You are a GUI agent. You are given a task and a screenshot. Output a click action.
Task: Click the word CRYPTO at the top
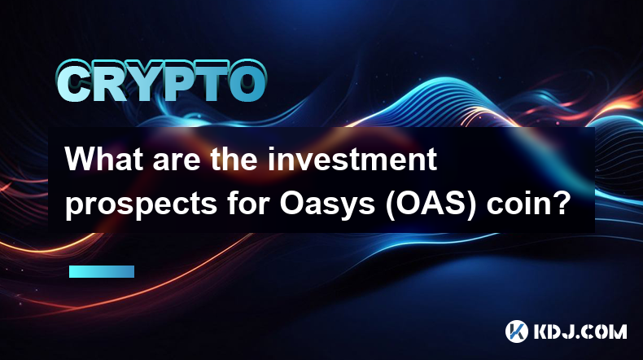[162, 81]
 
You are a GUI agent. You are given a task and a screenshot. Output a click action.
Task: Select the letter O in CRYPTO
[247, 81]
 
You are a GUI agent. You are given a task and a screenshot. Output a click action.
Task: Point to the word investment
[352, 160]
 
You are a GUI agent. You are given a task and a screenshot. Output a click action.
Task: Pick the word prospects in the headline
[141, 204]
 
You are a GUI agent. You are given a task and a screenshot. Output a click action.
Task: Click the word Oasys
[327, 204]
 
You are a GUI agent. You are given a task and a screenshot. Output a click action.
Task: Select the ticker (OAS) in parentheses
[430, 203]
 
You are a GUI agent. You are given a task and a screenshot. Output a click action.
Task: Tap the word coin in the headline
[514, 203]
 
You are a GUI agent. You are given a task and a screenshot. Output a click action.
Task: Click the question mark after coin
[558, 202]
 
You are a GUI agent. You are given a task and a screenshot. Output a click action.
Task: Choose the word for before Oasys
[248, 203]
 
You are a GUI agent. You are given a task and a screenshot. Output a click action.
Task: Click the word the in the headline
[234, 160]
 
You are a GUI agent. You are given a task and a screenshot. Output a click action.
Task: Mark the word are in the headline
[177, 161]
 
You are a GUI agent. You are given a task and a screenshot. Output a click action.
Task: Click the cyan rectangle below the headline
[102, 272]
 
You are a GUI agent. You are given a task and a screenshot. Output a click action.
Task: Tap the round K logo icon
[517, 331]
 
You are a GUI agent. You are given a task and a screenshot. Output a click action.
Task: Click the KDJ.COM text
[580, 331]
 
